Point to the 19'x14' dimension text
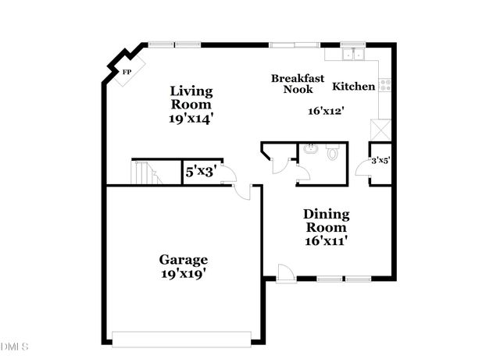click(x=191, y=119)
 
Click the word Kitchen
click(x=354, y=86)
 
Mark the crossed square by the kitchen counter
click(x=380, y=129)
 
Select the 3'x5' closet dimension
click(x=380, y=160)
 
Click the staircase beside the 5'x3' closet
click(x=145, y=172)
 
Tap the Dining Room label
click(x=326, y=220)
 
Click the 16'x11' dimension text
click(x=326, y=241)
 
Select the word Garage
click(x=184, y=259)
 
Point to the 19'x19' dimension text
click(x=184, y=274)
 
